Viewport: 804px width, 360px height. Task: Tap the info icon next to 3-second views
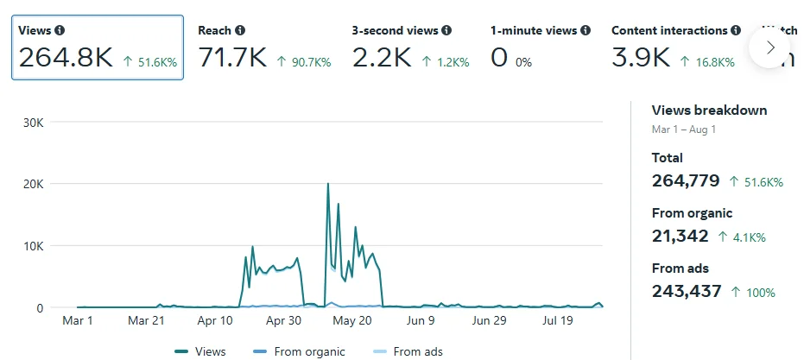point(446,31)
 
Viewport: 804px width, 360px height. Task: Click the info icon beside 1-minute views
point(586,31)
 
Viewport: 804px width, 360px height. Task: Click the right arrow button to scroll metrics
point(770,47)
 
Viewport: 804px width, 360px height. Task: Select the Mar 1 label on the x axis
point(78,321)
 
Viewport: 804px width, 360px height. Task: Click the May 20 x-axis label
point(351,321)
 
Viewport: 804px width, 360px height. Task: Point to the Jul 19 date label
point(556,321)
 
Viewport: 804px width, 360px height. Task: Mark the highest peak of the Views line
point(328,184)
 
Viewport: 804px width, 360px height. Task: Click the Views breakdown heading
point(709,111)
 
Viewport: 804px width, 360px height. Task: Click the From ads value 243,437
point(687,291)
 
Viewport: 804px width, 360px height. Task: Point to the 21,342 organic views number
point(681,236)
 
